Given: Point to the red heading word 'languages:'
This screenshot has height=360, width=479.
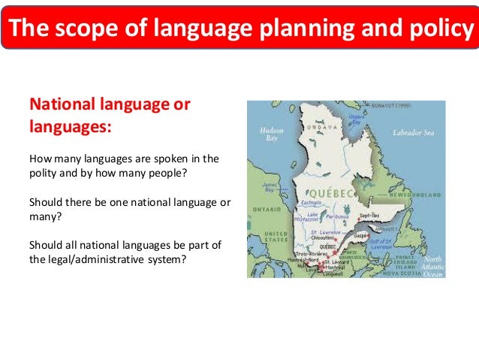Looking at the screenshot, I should pyautogui.click(x=70, y=126).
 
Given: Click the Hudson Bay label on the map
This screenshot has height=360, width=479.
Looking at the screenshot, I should pyautogui.click(x=269, y=133).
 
